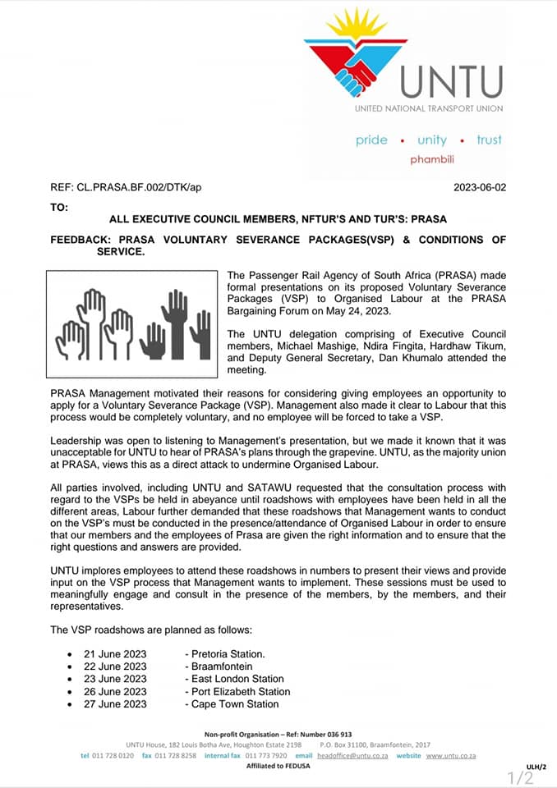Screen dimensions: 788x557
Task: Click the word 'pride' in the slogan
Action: tap(371, 140)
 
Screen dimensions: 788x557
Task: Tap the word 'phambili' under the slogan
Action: tap(432, 159)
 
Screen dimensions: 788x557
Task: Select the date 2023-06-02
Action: tap(480, 187)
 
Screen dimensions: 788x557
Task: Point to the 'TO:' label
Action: tap(59, 207)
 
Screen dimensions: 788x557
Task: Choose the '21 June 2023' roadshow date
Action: tap(115, 654)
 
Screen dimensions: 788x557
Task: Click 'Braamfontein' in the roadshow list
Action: tap(222, 667)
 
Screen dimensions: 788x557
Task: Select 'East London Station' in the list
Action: tap(237, 679)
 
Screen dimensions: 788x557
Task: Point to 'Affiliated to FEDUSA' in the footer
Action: tap(278, 766)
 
